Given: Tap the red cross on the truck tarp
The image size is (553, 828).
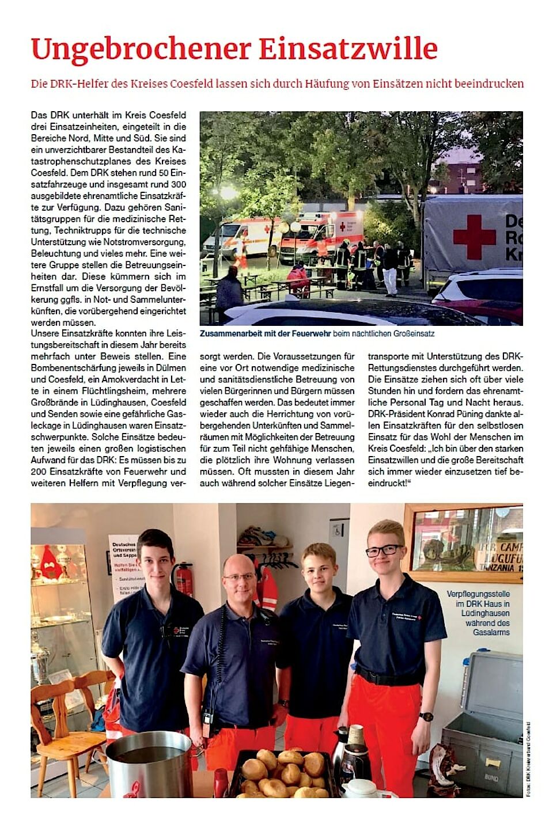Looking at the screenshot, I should (474, 237).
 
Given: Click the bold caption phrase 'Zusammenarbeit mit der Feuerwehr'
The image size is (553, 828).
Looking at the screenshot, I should (266, 334).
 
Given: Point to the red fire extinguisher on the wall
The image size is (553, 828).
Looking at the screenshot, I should (183, 580).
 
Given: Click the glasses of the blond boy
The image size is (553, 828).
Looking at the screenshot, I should (384, 550).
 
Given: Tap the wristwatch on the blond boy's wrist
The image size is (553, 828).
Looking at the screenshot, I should (426, 717).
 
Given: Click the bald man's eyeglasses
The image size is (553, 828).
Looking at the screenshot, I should (239, 576).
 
